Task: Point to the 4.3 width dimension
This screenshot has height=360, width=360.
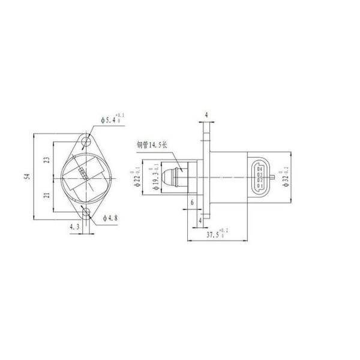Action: pyautogui.click(x=74, y=227)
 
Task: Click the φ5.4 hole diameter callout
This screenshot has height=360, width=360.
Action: pyautogui.click(x=112, y=119)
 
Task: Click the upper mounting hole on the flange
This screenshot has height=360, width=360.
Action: pyautogui.click(x=88, y=143)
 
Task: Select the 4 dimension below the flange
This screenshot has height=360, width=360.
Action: pyautogui.click(x=200, y=220)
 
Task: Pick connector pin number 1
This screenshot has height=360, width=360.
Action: pyautogui.click(x=259, y=186)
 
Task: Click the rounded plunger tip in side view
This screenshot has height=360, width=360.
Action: pyautogui.click(x=173, y=178)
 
